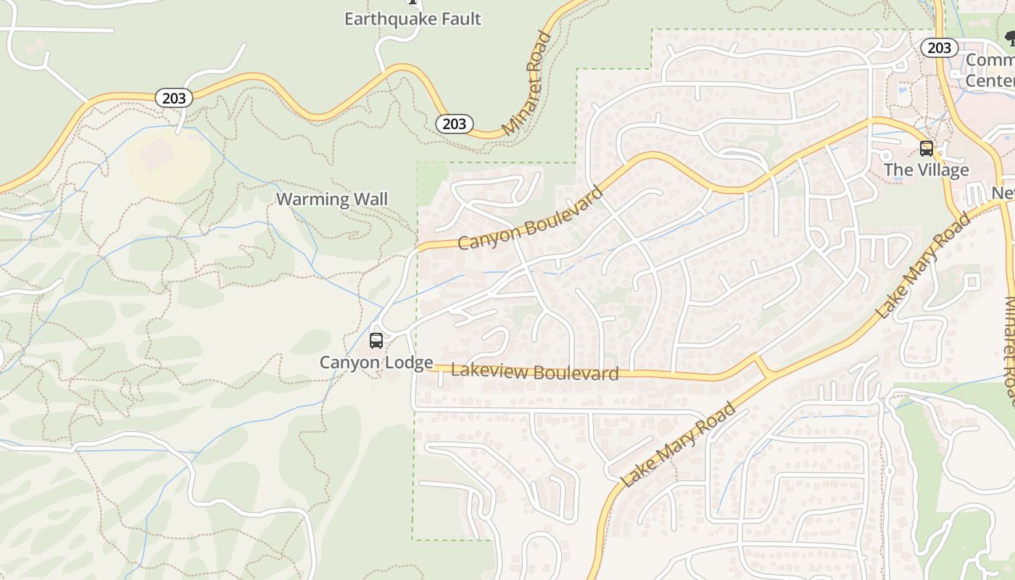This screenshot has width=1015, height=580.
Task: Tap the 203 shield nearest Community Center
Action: coord(939,48)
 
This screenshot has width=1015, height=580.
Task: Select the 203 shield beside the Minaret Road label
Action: coord(455,124)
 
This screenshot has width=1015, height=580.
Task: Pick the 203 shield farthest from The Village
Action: coord(174,98)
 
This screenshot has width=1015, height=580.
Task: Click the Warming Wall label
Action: coord(332,199)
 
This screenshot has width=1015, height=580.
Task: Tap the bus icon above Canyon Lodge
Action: coord(376,340)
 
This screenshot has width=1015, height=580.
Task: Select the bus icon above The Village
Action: coord(926,149)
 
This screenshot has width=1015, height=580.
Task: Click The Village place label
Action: coord(926,170)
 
